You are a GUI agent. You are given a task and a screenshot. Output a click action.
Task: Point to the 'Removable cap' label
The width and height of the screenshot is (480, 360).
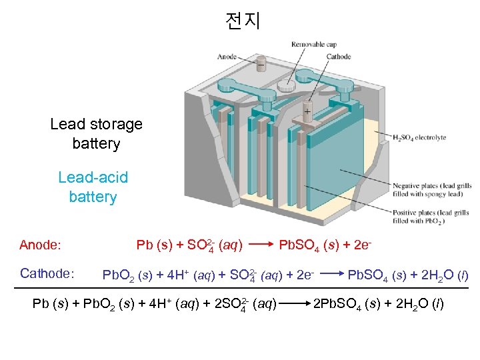(x=313, y=45)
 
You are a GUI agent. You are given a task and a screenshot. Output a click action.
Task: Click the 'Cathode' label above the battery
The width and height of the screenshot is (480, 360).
(x=339, y=57)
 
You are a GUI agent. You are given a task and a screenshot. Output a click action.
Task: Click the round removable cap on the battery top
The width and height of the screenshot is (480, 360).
(x=287, y=85)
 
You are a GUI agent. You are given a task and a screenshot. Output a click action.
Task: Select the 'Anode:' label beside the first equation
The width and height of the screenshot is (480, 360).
(x=41, y=245)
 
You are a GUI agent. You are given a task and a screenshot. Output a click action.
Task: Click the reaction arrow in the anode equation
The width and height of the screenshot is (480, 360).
(x=259, y=245)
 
